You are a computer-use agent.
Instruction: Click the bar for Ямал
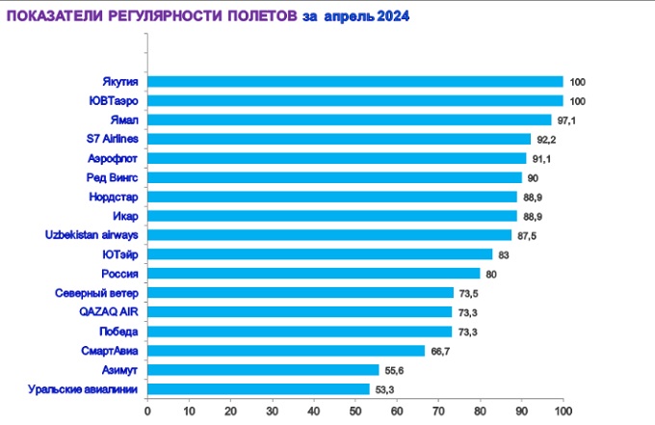[x=349, y=120]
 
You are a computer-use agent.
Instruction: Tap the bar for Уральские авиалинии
[x=258, y=389]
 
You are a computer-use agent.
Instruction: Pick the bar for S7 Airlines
[x=339, y=139]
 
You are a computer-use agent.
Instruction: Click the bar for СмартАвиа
[x=286, y=351]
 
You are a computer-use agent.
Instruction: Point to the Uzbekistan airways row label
[x=93, y=235]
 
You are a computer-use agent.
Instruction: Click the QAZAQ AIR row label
[x=110, y=312]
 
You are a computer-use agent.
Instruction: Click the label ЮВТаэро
[x=113, y=100]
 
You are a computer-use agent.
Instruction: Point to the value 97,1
[x=565, y=120]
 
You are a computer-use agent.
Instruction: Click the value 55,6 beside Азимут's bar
[x=393, y=371]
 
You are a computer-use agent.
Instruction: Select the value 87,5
[x=526, y=236]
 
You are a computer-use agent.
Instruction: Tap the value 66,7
[x=439, y=352]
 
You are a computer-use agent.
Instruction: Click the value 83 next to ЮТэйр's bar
[x=504, y=255]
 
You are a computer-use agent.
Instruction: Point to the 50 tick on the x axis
[x=355, y=411]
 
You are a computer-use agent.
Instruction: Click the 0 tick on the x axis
[x=147, y=411]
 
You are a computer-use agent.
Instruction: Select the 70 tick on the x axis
[x=438, y=411]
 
